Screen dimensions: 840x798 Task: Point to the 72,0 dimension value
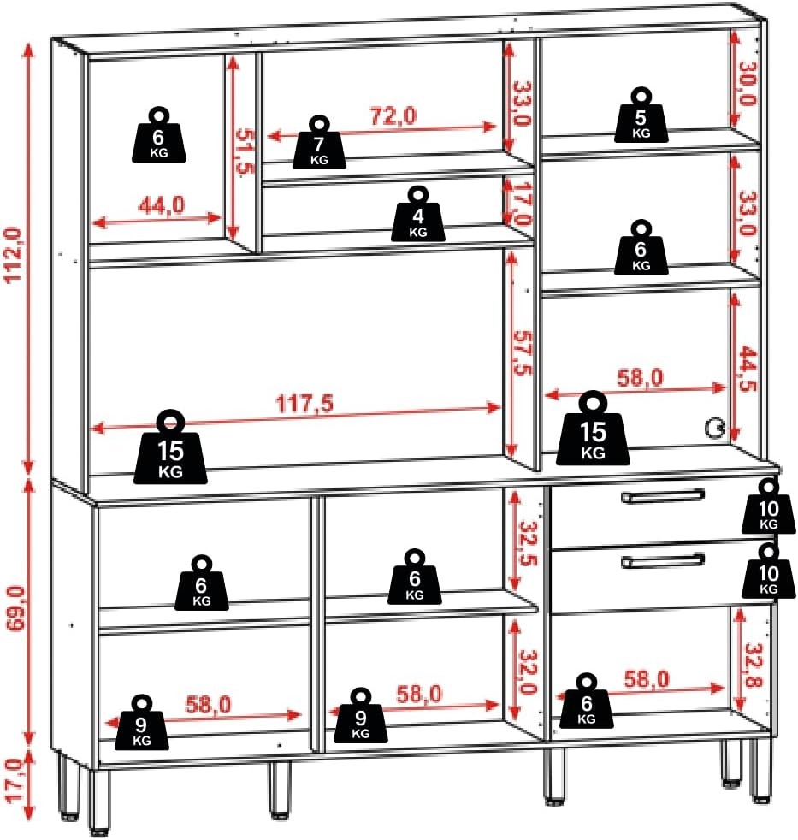click(393, 116)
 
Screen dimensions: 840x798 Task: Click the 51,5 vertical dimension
click(245, 151)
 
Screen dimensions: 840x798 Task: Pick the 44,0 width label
click(162, 205)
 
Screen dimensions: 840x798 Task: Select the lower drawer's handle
click(665, 560)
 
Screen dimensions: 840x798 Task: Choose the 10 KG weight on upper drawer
click(768, 506)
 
